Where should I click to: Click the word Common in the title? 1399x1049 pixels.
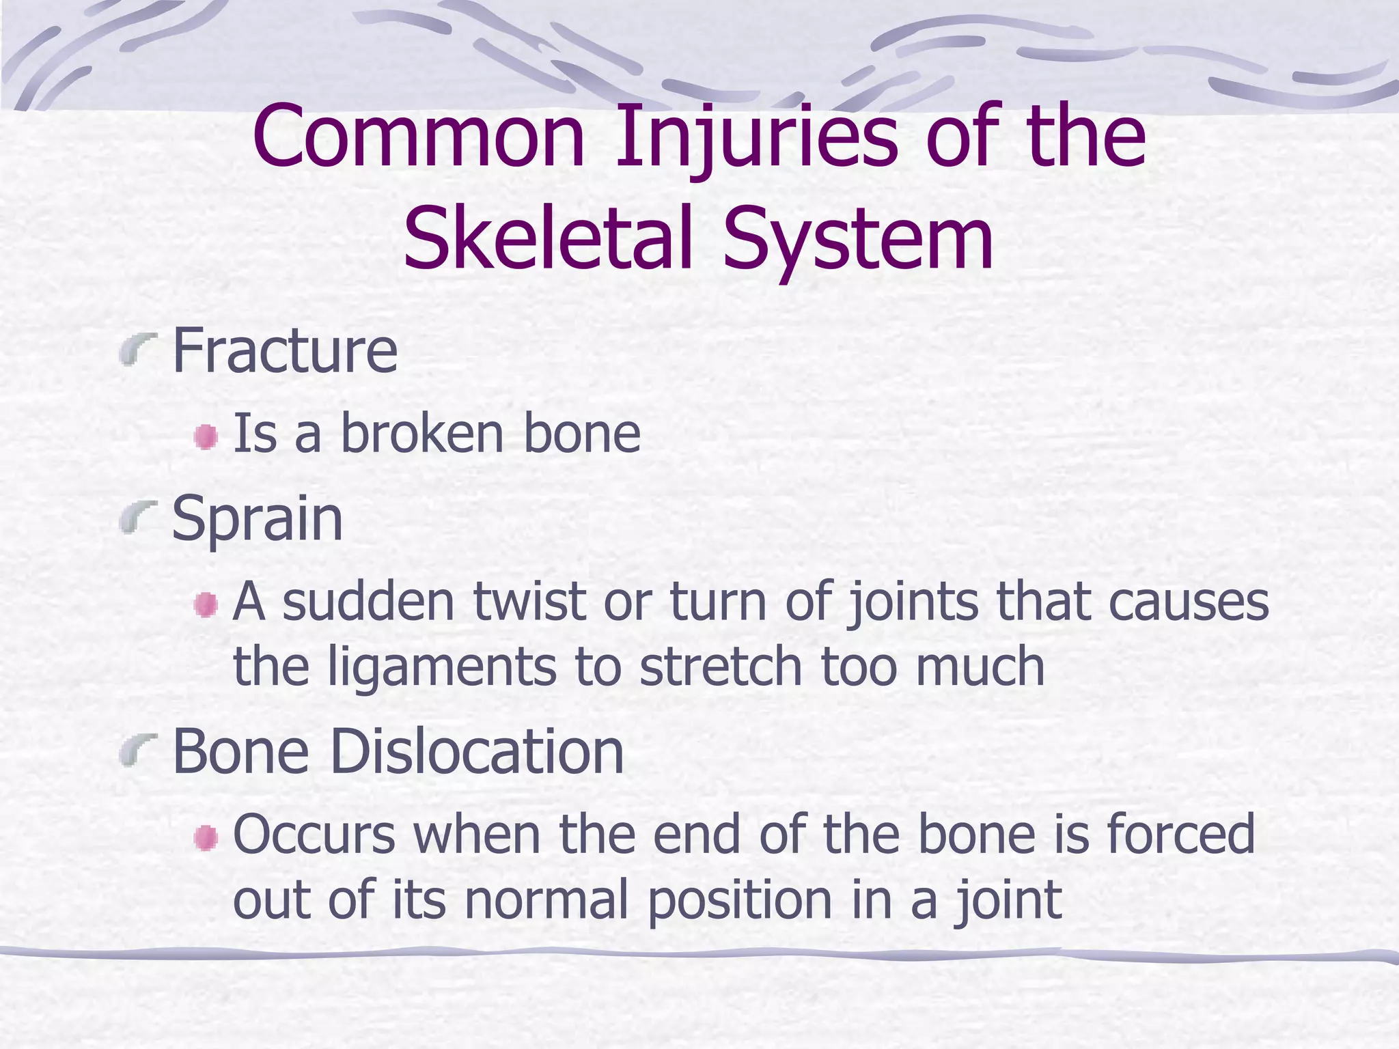point(418,138)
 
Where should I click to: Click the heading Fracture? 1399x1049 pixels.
point(285,351)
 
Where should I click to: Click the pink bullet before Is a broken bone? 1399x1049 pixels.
point(205,437)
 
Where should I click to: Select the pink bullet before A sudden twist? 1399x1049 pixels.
point(205,604)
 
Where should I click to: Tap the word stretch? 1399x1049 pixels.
point(720,667)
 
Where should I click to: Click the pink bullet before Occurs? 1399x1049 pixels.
point(205,838)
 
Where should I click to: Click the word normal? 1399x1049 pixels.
point(546,900)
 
